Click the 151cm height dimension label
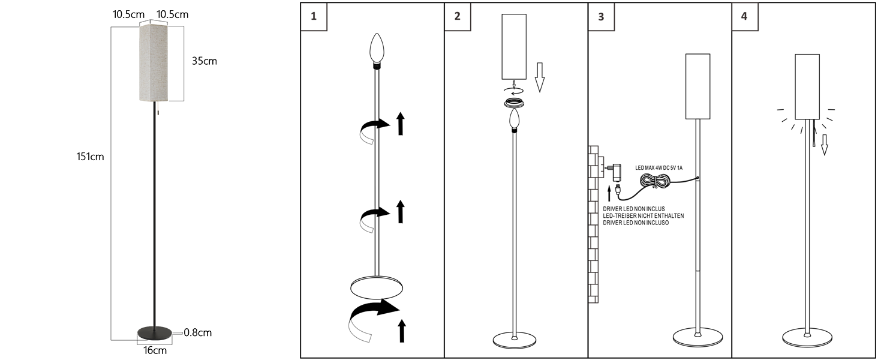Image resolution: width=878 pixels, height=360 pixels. (90, 157)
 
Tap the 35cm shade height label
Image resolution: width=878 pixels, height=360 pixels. (205, 61)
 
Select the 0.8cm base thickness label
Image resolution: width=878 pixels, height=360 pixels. (197, 332)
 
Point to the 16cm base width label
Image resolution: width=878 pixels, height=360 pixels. (155, 350)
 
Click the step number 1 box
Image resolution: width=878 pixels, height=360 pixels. (314, 16)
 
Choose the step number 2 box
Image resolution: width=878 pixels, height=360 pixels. (458, 16)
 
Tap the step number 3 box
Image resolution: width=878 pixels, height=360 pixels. (602, 16)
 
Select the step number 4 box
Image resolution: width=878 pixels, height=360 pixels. (745, 16)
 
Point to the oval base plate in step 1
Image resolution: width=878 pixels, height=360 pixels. (377, 288)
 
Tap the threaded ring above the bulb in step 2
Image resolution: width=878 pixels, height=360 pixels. (514, 103)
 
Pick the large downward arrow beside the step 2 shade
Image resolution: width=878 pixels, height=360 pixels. (540, 77)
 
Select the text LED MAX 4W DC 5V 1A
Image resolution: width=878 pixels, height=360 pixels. (659, 168)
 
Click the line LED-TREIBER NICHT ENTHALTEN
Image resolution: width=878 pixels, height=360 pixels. (644, 215)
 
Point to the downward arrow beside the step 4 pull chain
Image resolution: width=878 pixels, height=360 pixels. (825, 145)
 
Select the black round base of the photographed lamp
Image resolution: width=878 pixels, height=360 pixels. (155, 333)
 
